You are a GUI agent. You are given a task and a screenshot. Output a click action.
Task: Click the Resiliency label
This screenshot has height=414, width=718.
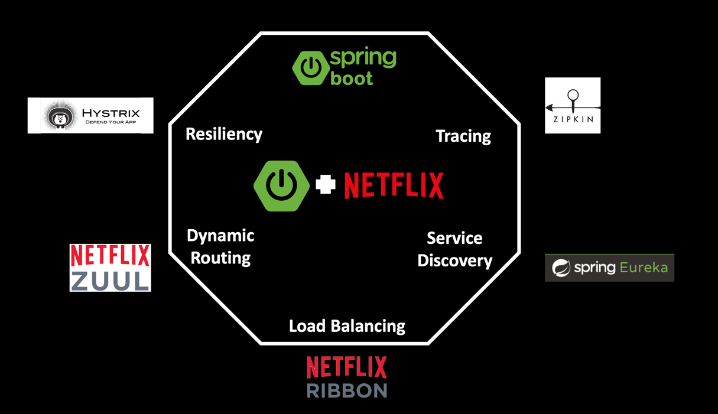[x=223, y=134]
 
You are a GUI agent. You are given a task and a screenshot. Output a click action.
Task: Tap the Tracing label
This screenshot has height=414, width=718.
[x=463, y=136]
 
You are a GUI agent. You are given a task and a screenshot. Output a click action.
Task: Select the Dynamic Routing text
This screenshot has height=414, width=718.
[x=220, y=247]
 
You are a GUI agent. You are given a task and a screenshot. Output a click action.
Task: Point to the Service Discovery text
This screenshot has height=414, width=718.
[x=454, y=249]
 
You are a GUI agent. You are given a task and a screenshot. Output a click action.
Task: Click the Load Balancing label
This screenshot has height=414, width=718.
[x=347, y=326]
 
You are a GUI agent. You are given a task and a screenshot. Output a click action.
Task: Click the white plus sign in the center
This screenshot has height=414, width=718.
[x=326, y=184]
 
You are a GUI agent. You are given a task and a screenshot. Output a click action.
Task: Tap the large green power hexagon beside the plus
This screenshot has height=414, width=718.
[x=282, y=185]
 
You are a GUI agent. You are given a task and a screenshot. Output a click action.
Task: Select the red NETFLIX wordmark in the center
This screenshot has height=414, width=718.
[x=394, y=185]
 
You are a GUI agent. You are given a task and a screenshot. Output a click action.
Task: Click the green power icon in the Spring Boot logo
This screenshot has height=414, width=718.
[x=310, y=68]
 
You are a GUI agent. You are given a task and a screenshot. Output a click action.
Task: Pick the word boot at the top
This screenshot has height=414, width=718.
[x=352, y=78]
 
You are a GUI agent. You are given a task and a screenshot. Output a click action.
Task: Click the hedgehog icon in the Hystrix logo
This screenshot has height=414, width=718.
[x=60, y=116]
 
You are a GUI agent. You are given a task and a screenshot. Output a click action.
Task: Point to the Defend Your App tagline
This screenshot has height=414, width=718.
[x=111, y=122]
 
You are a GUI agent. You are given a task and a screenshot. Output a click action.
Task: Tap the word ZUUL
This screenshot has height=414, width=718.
[x=111, y=280]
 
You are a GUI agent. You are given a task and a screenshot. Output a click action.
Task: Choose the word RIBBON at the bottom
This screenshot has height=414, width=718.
[x=347, y=390]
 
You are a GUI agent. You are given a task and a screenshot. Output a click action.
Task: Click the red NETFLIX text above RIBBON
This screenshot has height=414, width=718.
[x=347, y=367]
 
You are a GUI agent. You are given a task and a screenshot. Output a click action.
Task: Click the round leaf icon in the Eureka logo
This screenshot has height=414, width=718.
[x=561, y=268]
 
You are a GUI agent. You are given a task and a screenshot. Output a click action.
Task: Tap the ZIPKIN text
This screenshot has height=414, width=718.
[x=573, y=119]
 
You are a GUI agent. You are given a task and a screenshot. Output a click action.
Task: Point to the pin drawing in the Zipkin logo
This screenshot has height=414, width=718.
[x=572, y=100]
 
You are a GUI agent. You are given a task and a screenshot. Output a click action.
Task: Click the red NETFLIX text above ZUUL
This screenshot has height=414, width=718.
[x=111, y=256]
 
